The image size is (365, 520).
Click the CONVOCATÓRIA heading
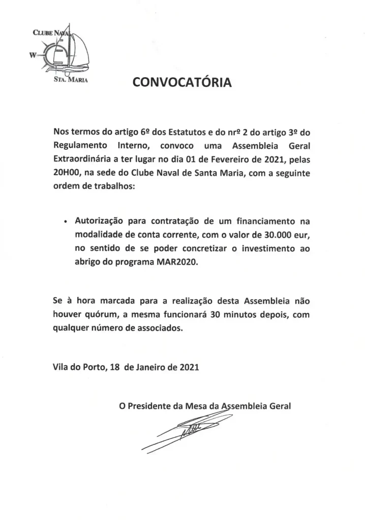click(182, 83)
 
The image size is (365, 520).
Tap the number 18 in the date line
click(114, 367)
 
